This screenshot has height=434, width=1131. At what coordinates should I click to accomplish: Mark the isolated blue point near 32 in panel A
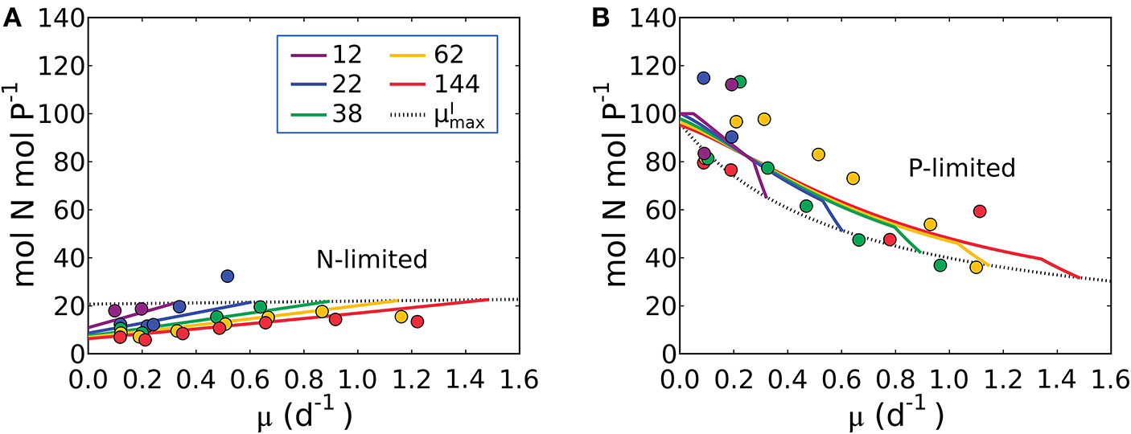(x=228, y=276)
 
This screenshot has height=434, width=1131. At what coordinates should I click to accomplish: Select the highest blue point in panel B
(x=703, y=78)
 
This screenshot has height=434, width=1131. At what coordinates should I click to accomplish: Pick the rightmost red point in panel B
(x=979, y=211)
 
